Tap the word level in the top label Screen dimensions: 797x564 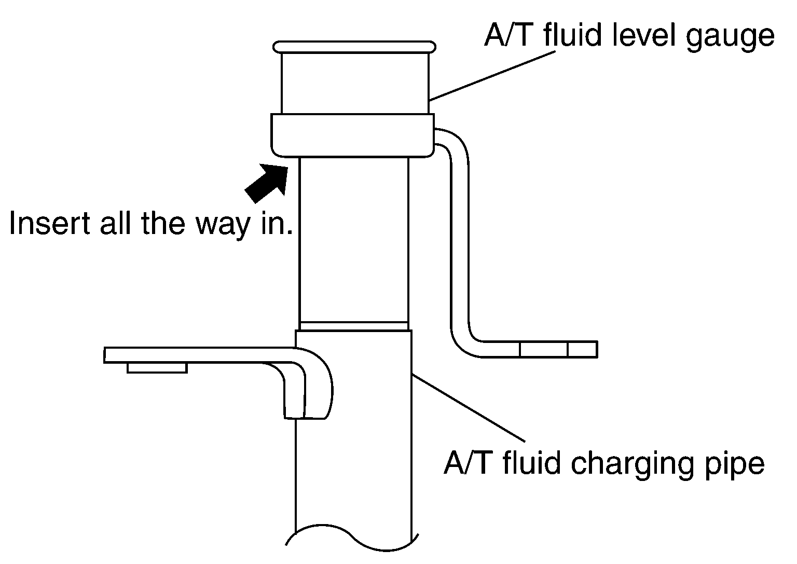[x=643, y=35]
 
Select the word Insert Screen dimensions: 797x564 [x=49, y=223]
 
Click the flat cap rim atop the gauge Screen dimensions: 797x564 [x=354, y=47]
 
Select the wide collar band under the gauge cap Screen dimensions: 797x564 [x=353, y=135]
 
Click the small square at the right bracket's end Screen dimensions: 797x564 [x=583, y=349]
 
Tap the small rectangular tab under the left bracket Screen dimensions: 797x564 [x=157, y=368]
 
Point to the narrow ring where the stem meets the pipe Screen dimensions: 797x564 [x=354, y=326]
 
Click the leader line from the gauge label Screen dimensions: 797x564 [x=492, y=76]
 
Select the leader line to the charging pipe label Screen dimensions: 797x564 [x=468, y=408]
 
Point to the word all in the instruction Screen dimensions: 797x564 [x=115, y=223]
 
